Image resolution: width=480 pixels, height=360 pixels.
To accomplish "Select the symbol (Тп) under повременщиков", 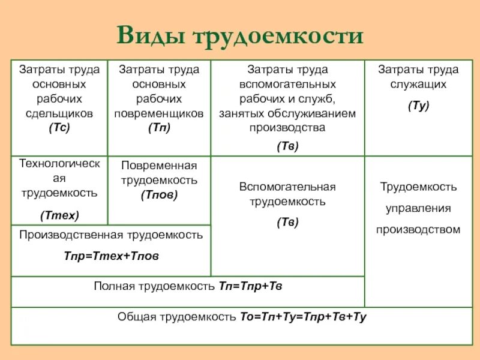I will click(159, 127).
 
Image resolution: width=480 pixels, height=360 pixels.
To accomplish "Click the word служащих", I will click(418, 85).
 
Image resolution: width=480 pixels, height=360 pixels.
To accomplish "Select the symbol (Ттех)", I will click(59, 214).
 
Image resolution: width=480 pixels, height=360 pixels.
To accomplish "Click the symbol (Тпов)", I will click(159, 194).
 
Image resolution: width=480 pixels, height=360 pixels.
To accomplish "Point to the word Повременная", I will click(159, 165).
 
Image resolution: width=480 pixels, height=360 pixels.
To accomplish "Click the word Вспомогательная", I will click(287, 187).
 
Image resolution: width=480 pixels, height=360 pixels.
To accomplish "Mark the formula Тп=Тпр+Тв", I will click(249, 286).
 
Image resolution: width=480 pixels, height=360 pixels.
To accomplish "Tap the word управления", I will click(418, 208).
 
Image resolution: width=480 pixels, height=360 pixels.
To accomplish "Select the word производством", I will click(418, 229).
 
